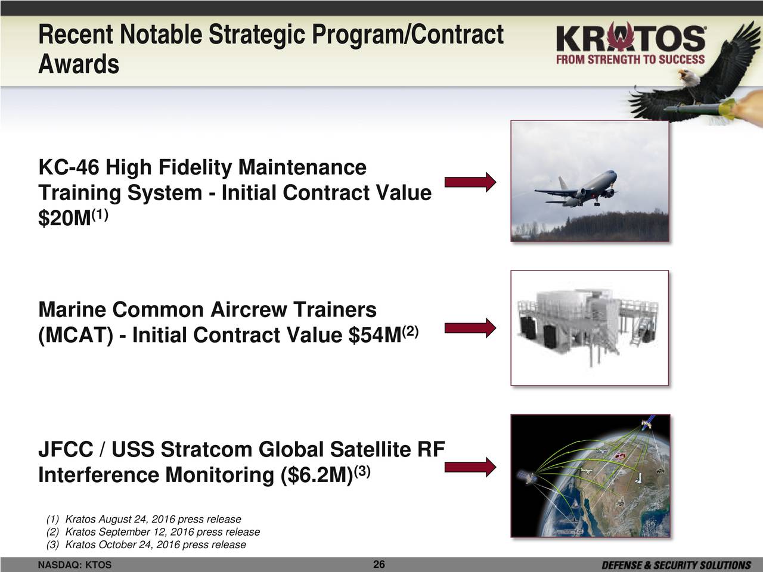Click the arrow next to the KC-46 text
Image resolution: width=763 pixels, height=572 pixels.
(x=470, y=182)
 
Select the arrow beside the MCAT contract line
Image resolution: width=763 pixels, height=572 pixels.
(x=470, y=328)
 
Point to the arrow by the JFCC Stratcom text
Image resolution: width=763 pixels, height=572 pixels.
(x=470, y=467)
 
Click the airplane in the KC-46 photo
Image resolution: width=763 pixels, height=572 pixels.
(x=576, y=189)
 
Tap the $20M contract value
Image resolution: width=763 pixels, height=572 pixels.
(x=64, y=219)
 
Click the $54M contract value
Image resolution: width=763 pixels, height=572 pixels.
(x=375, y=335)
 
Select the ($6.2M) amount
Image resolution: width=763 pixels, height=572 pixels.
(x=317, y=475)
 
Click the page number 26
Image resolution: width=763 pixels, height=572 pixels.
(x=379, y=564)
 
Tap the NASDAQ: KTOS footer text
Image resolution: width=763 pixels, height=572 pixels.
(x=75, y=565)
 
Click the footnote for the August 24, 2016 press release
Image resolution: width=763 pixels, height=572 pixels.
(x=144, y=519)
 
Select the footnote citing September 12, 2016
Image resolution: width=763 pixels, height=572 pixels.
(x=153, y=531)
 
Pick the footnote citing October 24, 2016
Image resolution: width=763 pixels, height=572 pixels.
(x=146, y=544)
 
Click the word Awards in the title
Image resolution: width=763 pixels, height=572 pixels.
(x=79, y=64)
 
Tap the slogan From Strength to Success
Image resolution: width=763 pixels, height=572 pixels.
(x=631, y=60)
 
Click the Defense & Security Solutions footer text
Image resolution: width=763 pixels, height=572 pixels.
(x=676, y=565)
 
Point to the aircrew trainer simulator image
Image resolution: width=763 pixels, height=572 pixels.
(x=590, y=328)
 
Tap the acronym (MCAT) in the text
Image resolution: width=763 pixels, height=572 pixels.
(x=76, y=335)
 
